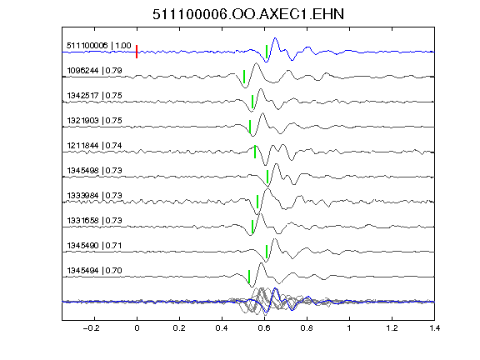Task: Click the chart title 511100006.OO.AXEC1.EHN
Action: tap(248, 14)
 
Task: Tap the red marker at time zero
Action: tap(137, 52)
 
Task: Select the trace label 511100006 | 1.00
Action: tap(99, 46)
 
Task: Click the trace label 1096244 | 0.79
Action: tap(95, 71)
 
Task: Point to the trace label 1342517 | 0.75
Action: tap(95, 96)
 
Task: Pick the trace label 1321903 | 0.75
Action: tap(95, 121)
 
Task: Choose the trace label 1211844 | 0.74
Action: tap(95, 146)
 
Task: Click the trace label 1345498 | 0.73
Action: tap(95, 171)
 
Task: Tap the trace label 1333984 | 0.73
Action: tap(95, 196)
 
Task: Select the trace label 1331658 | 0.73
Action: tap(95, 221)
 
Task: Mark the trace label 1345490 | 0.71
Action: tap(95, 246)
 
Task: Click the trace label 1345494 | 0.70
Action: tap(95, 271)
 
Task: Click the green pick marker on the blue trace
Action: tap(267, 52)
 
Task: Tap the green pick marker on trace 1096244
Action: tap(244, 77)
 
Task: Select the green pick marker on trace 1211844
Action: tap(255, 152)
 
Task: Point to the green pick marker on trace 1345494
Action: tap(249, 277)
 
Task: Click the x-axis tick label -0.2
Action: tap(91, 328)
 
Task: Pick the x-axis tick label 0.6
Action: tap(264, 328)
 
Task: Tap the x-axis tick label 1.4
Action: tap(434, 328)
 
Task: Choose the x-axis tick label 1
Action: tap(349, 328)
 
